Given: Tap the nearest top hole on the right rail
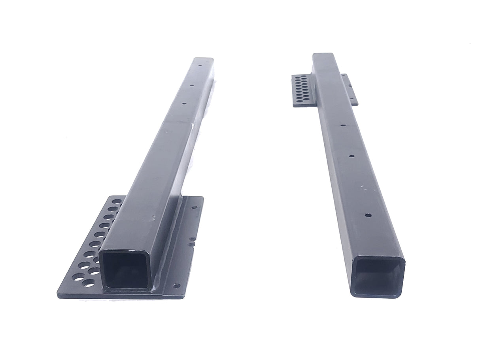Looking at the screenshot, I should pyautogui.click(x=368, y=215).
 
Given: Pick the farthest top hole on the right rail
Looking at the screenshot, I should pyautogui.click(x=342, y=125).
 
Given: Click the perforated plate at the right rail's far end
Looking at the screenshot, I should pyautogui.click(x=304, y=90).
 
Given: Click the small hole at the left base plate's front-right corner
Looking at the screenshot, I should pyautogui.click(x=177, y=285).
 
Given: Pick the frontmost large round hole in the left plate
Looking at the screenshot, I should pyautogui.click(x=90, y=283).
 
